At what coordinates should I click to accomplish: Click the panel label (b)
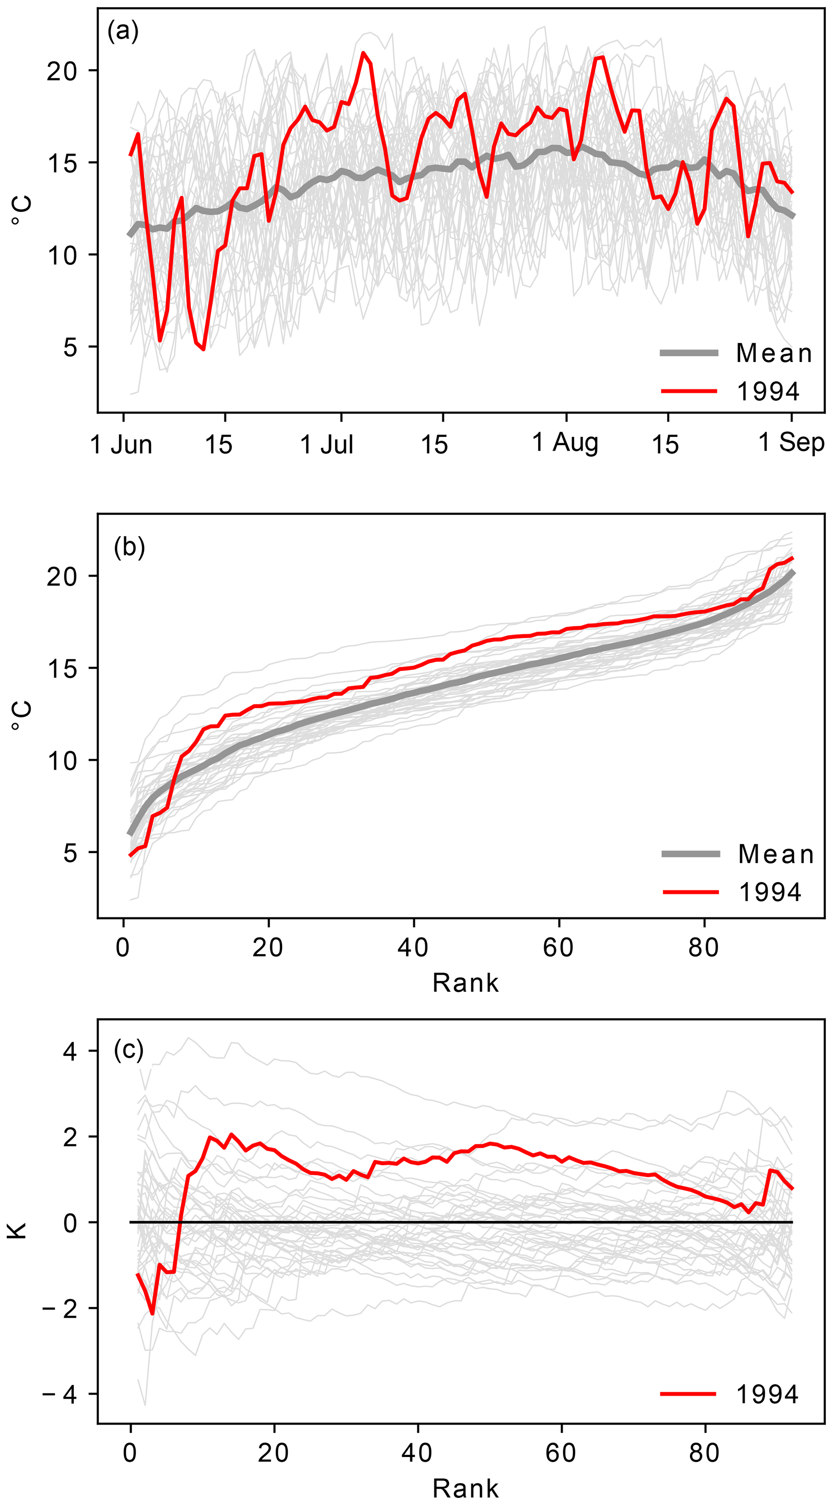(129, 547)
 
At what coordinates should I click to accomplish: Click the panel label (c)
(129, 1050)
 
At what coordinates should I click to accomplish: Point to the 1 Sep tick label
(791, 442)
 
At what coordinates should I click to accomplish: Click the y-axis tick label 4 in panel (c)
(70, 1052)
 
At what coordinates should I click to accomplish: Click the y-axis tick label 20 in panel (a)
(62, 71)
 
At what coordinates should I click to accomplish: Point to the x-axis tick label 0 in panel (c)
(130, 1452)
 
